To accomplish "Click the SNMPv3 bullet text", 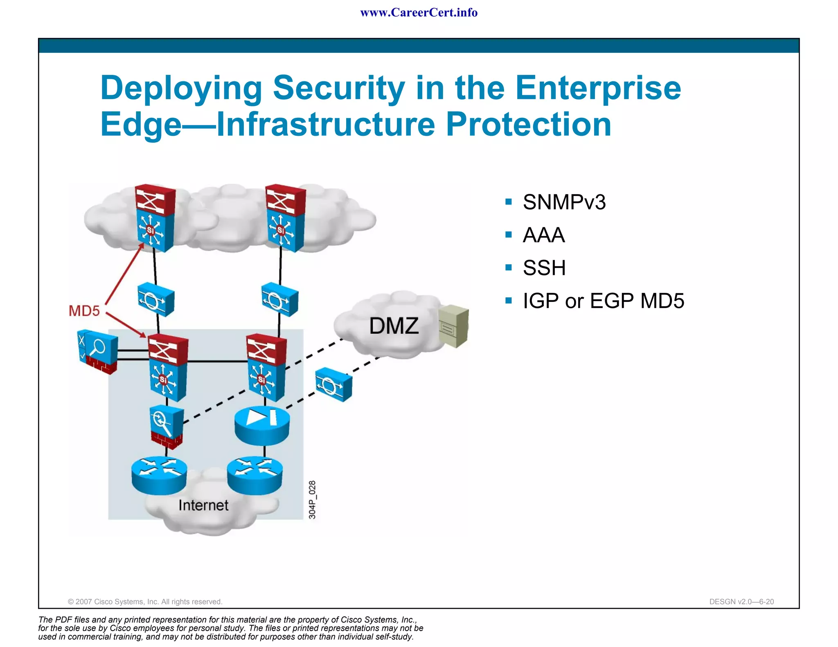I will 564,202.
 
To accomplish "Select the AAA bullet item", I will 543,235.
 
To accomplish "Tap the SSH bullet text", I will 544,268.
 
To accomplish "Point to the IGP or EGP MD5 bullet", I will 603,301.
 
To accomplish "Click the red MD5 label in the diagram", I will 84,311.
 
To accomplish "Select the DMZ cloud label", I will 394,326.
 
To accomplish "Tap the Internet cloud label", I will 203,505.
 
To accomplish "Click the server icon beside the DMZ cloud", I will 453,326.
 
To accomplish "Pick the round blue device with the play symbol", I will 262,425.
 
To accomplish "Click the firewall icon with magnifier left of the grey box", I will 97,351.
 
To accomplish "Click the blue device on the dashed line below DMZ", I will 333,384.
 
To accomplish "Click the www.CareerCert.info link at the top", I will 419,13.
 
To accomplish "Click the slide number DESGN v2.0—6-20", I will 741,602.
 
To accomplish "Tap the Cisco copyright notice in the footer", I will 145,602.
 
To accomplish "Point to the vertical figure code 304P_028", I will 312,500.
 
